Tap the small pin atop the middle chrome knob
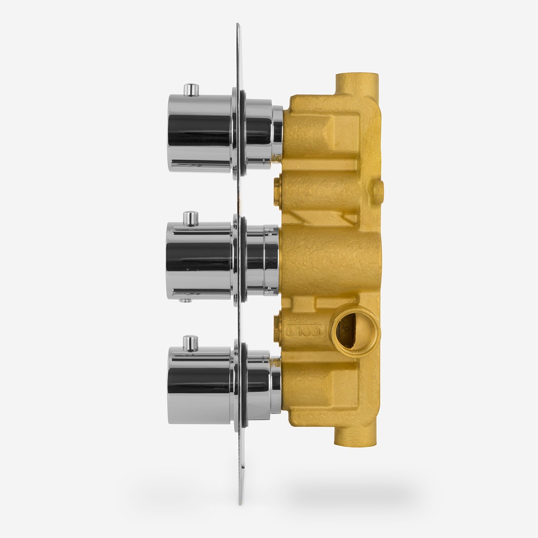click(192, 219)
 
